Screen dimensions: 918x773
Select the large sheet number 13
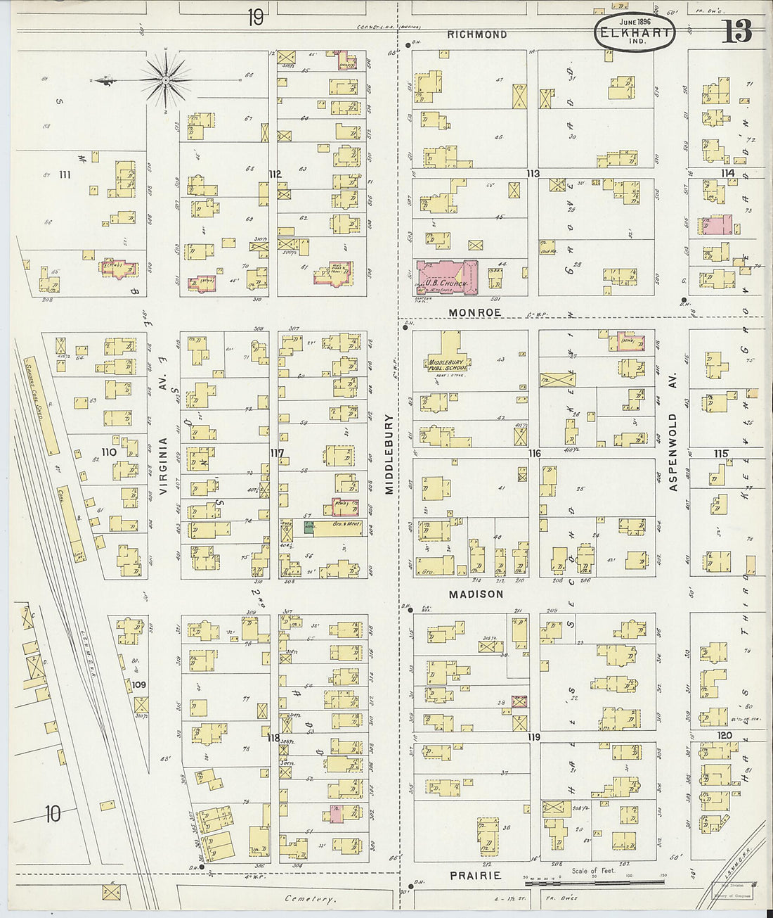pos(736,32)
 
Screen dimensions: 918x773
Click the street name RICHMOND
pos(477,34)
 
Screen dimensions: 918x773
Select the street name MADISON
pos(477,594)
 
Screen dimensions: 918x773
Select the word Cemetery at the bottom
pos(311,899)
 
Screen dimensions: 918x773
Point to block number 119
pos(533,737)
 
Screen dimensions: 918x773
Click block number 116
pos(534,454)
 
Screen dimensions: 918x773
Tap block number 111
pos(66,174)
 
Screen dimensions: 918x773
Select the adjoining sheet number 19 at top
pos(255,17)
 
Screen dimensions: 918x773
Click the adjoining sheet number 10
pos(52,815)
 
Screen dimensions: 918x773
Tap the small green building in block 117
pos(308,526)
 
